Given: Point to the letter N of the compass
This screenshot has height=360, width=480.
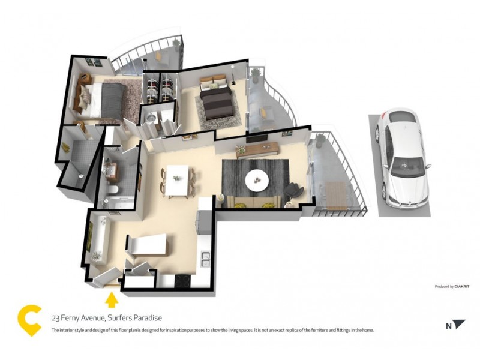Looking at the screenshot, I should tap(448, 326).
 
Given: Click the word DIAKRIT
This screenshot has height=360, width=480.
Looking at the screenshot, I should tap(461, 287).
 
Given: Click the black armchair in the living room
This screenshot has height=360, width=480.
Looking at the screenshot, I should tap(293, 190).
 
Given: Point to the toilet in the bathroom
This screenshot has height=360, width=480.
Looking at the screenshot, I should tap(113, 191).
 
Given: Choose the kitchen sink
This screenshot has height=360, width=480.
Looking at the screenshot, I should tap(205, 259).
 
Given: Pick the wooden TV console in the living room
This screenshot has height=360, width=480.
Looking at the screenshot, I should tap(258, 149).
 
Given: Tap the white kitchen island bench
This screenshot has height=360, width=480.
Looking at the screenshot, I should tap(148, 245).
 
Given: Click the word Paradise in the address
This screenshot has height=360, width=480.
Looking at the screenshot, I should tap(146, 318).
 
